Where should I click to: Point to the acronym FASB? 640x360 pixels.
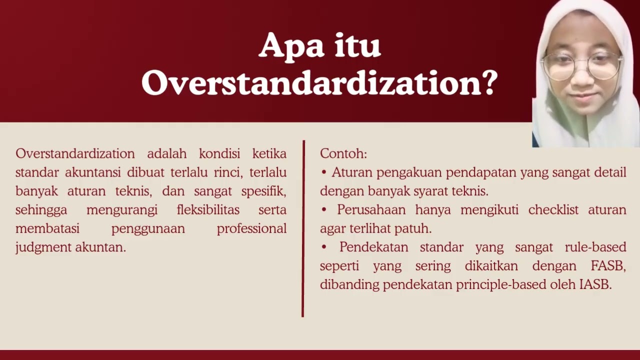(608, 266)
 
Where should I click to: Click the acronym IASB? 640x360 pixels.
(595, 285)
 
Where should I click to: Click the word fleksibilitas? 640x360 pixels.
(208, 210)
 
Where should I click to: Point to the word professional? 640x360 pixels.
(251, 229)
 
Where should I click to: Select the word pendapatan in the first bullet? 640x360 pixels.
(480, 172)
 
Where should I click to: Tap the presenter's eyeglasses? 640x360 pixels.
(582, 66)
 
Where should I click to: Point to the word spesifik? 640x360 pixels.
(263, 191)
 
